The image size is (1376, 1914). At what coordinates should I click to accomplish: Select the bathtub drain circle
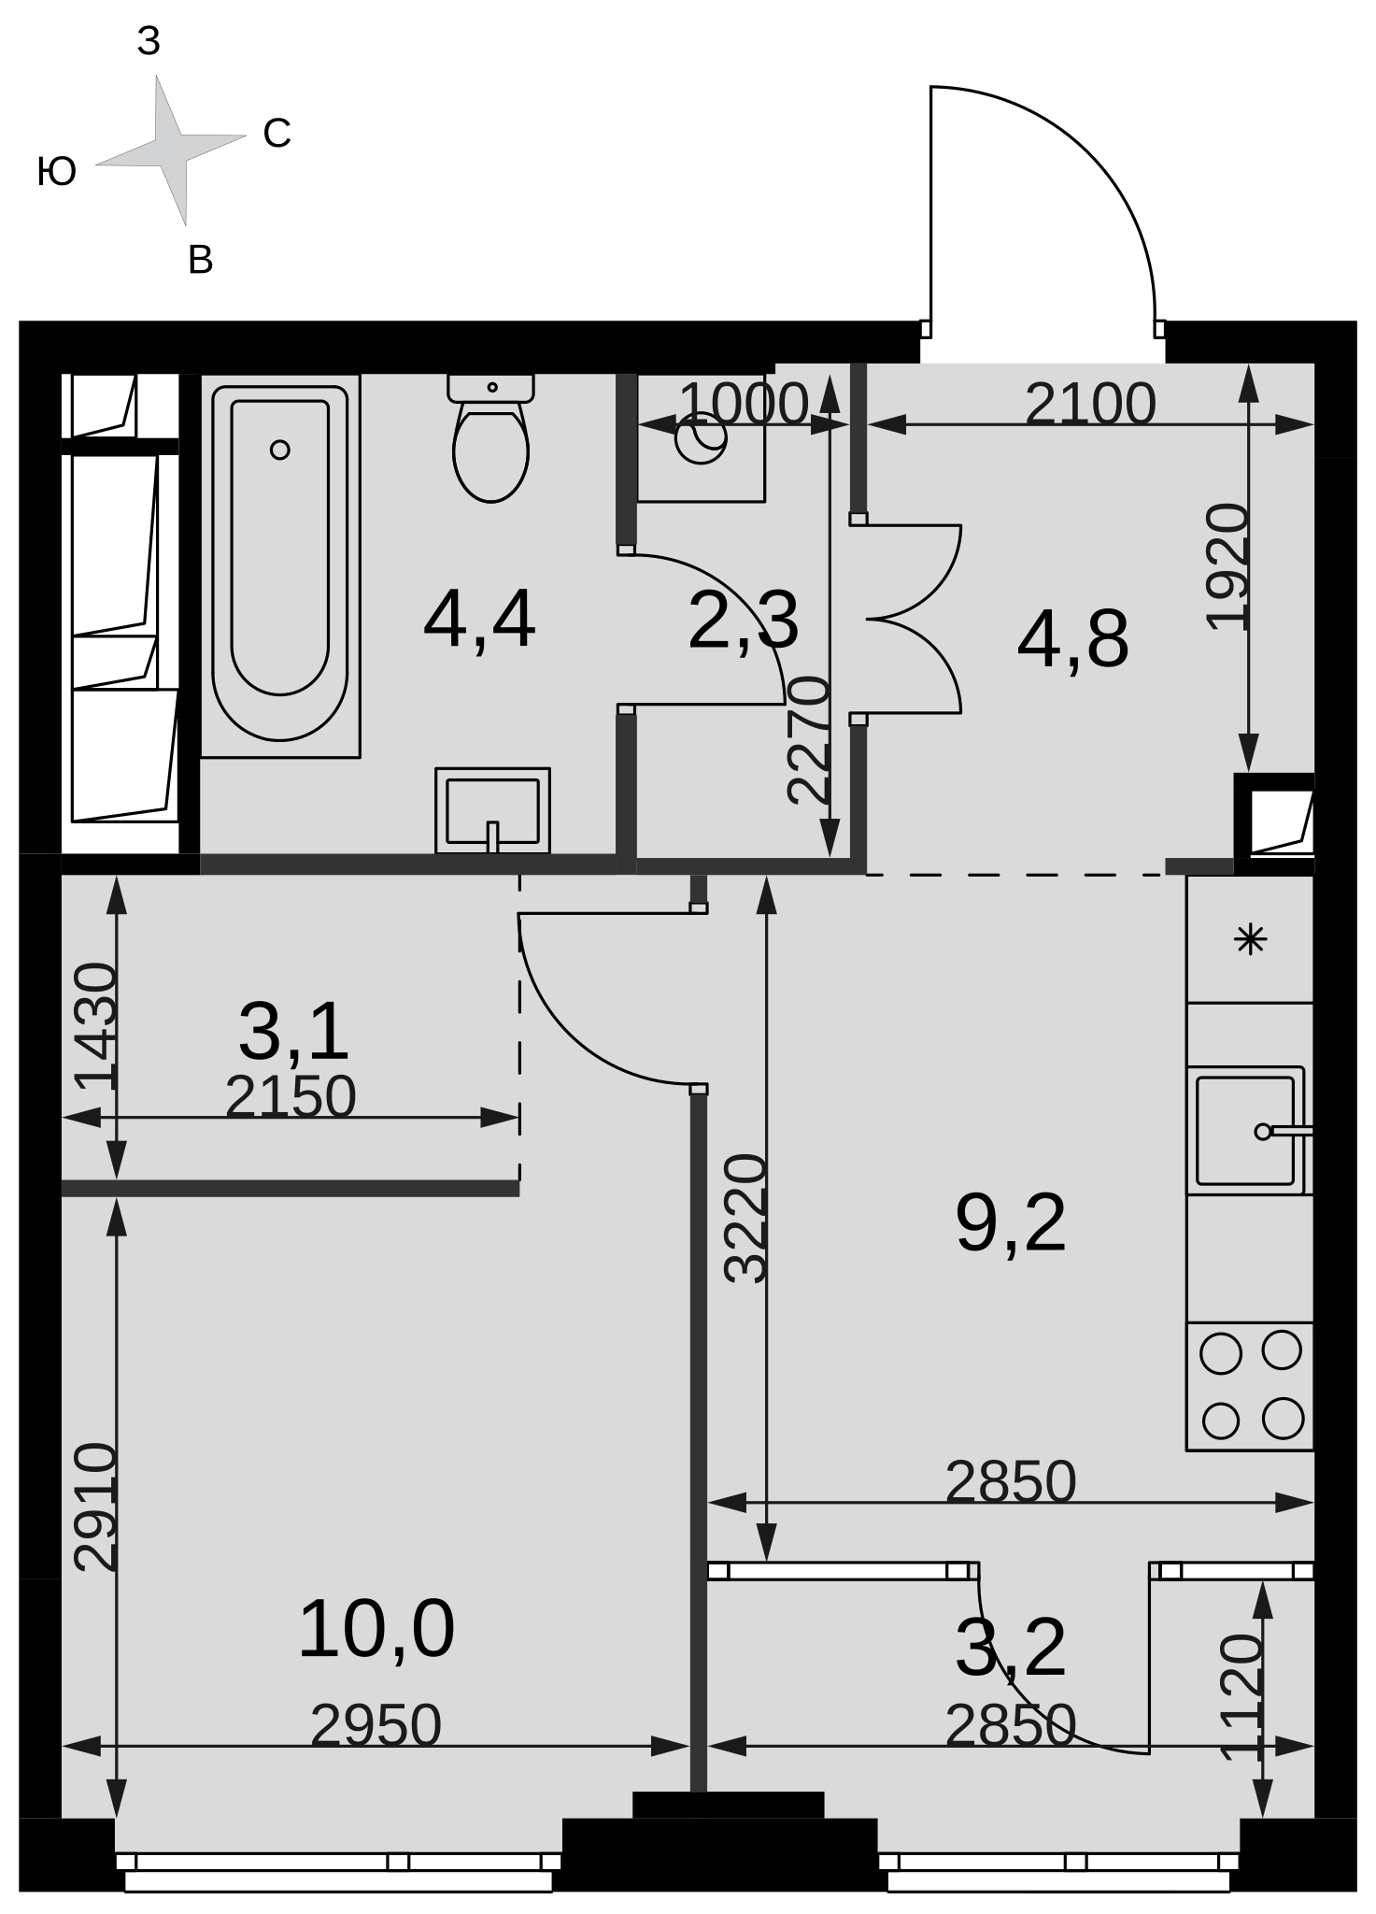point(279,450)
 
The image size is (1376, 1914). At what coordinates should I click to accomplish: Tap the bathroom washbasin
point(492,810)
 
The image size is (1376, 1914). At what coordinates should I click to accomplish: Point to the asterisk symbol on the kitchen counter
point(1250,938)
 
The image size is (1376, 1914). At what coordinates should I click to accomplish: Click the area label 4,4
point(479,621)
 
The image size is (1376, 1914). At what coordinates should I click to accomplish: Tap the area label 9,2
point(1011,1223)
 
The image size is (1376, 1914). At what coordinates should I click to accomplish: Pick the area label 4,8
point(1073,641)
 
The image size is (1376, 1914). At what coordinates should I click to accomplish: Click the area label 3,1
point(293,1032)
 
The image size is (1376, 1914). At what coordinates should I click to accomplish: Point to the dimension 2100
point(1090,405)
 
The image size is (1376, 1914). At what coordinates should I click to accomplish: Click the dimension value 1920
point(1227,567)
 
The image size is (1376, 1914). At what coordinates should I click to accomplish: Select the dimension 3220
point(746,1219)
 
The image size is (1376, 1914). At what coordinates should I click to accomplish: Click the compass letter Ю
point(56,173)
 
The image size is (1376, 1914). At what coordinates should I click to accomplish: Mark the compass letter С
point(277,134)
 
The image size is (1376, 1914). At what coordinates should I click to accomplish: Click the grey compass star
point(172,150)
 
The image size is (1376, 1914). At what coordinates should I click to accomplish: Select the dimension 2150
point(291,1096)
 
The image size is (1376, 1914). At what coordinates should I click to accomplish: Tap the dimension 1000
point(744,404)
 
